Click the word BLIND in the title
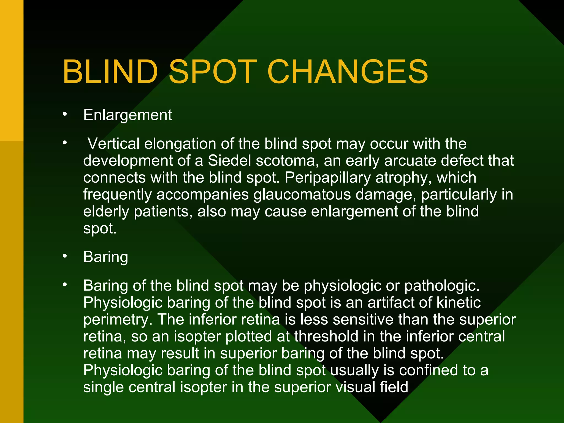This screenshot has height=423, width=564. [x=110, y=72]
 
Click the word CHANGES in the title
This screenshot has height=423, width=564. [x=347, y=72]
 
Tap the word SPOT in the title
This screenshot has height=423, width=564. [x=212, y=72]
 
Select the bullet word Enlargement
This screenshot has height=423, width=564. [x=128, y=115]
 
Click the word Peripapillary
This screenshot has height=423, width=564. [x=327, y=178]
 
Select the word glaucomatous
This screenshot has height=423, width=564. [x=302, y=194]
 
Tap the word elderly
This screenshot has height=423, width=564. [x=106, y=211]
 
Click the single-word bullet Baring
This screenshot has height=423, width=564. [x=105, y=257]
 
